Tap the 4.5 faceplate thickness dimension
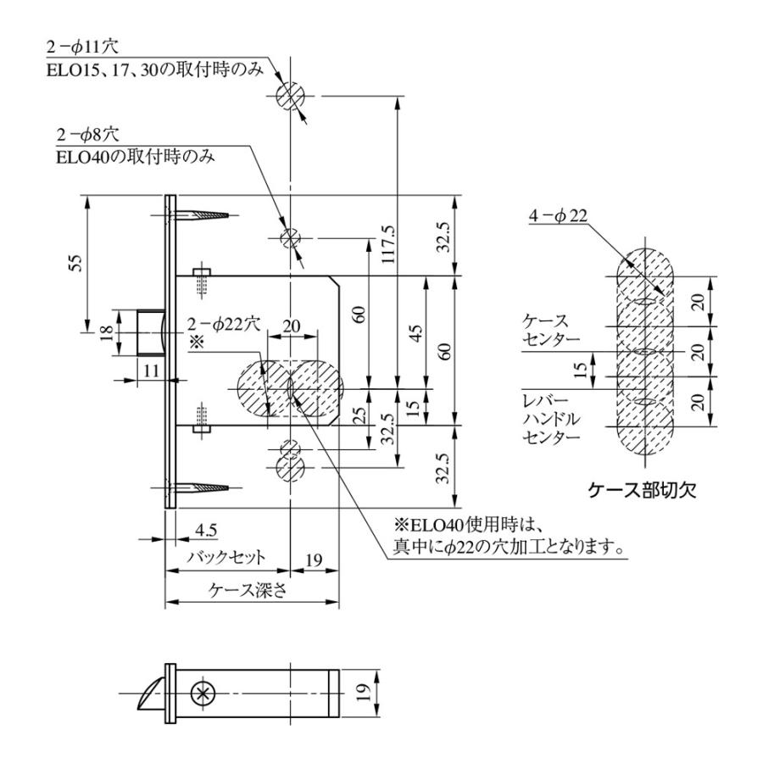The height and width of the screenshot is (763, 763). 204,530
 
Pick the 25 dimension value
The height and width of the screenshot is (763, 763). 359,416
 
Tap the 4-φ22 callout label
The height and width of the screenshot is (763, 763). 558,217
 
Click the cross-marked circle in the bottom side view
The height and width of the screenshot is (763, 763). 202,693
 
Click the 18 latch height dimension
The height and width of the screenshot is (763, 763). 105,333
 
